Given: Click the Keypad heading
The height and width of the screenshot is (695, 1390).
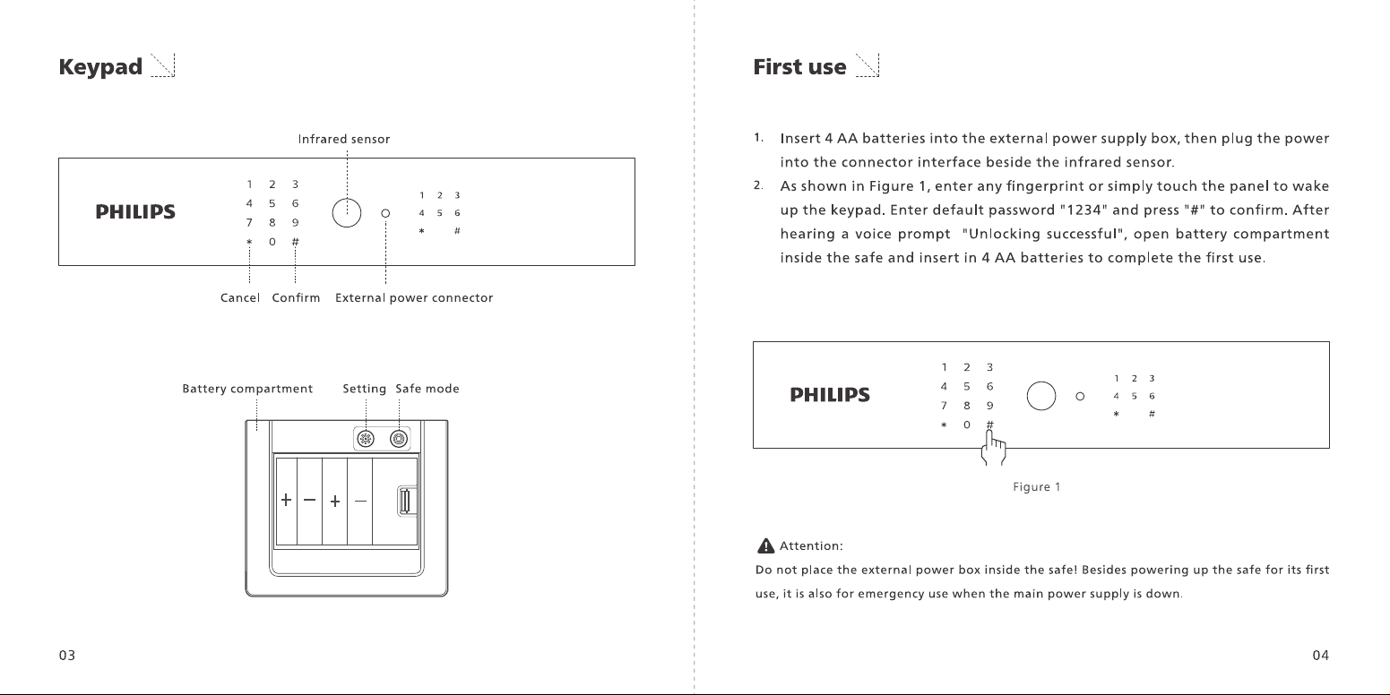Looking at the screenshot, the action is (100, 67).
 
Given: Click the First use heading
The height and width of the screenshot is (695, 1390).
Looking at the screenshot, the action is (799, 67).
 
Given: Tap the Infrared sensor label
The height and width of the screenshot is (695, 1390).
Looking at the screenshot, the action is (344, 139).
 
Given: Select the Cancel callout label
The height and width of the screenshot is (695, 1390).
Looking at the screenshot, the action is (240, 297).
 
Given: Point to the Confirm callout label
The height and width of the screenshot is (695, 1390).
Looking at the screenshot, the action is (296, 297).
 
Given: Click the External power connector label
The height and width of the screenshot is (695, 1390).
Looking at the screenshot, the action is (414, 297).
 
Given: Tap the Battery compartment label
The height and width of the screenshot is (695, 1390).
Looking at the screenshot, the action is (247, 389).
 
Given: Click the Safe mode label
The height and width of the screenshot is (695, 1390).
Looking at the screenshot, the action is (427, 389).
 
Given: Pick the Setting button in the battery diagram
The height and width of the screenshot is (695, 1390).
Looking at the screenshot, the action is (366, 439).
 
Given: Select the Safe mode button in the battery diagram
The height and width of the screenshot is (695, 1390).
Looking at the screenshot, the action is (399, 439).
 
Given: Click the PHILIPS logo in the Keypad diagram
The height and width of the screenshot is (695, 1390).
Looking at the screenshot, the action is (135, 212).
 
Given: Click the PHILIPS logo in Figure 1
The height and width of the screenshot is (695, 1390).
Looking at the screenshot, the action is (830, 395).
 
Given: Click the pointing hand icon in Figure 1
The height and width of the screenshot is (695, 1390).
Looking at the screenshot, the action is (993, 448).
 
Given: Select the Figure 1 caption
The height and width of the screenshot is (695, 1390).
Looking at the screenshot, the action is (1036, 486).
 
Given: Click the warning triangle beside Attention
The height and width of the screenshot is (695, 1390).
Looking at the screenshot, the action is (765, 545).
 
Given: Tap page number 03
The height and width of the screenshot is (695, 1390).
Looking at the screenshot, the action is (67, 656).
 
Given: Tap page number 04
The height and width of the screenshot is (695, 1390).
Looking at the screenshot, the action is (1320, 656).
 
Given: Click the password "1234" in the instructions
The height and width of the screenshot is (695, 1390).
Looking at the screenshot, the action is (1084, 210).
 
